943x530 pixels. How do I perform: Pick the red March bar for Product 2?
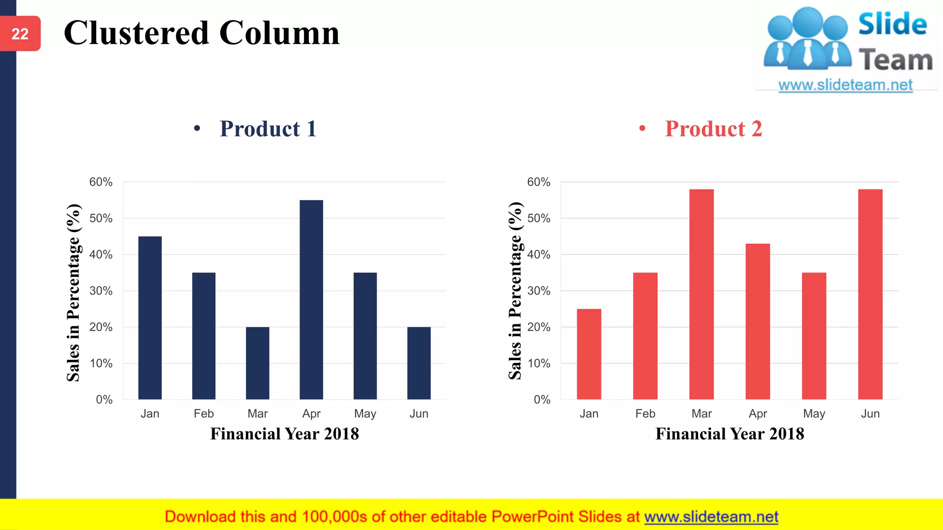tap(701, 294)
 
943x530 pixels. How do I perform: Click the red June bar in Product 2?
tap(870, 294)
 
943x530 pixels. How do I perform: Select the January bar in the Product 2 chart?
tap(589, 354)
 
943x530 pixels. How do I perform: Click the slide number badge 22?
tap(20, 34)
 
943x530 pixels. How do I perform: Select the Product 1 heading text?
tap(268, 129)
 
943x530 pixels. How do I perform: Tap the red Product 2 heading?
tap(713, 129)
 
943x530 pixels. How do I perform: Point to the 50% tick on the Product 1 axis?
tap(101, 218)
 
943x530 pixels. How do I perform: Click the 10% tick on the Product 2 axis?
tap(539, 363)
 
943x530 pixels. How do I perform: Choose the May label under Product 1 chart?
tap(365, 414)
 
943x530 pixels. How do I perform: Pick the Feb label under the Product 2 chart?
tap(645, 414)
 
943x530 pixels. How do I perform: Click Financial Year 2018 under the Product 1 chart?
tap(285, 434)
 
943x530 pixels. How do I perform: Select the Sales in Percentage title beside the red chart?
tap(515, 291)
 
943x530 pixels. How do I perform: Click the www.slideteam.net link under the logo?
tap(845, 85)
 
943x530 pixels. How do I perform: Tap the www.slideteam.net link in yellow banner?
tap(711, 517)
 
